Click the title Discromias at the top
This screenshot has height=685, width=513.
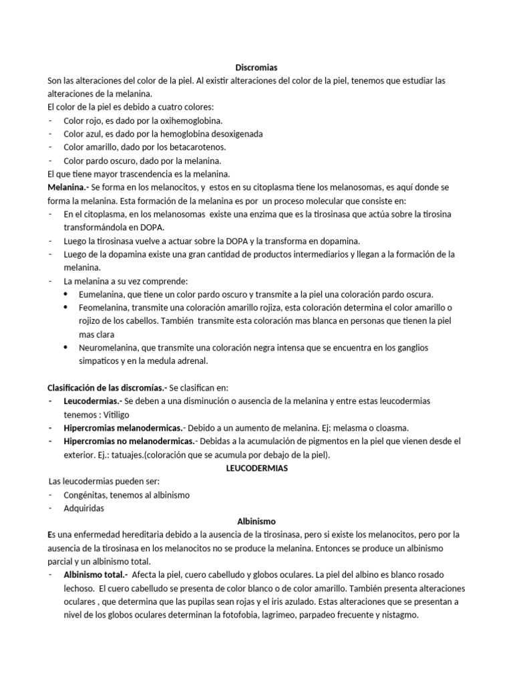[x=256, y=67]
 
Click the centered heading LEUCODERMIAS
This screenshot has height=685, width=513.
[x=256, y=468]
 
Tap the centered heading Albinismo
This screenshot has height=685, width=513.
[x=256, y=520]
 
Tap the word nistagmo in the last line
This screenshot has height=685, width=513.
[x=399, y=615]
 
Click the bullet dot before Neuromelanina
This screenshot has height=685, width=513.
[x=65, y=348]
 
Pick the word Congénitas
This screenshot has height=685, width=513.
[x=85, y=494]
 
